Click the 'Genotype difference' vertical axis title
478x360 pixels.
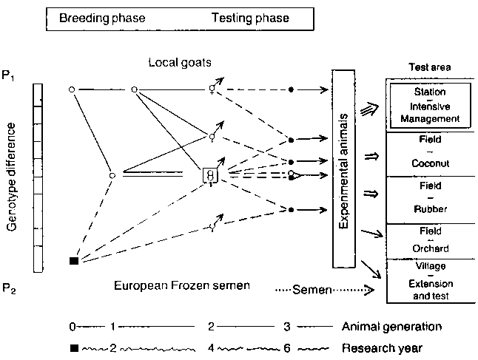[13, 177]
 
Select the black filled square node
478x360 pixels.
[73, 260]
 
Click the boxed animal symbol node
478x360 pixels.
[212, 175]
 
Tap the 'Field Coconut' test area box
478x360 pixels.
[430, 153]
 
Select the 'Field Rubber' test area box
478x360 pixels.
[430, 197]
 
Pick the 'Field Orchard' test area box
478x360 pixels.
[430, 240]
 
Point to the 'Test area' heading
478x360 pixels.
[430, 68]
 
